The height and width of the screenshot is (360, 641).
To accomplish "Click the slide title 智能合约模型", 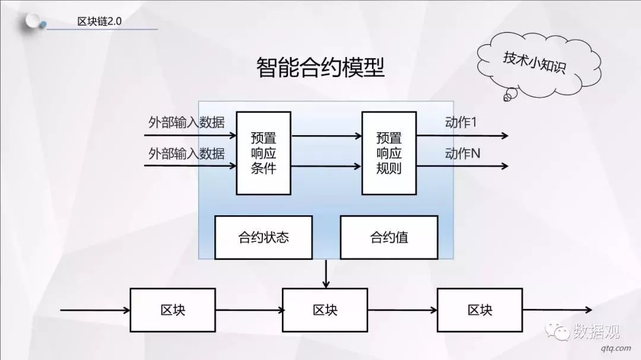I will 320,68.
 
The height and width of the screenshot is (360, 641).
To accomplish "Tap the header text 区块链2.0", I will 99,21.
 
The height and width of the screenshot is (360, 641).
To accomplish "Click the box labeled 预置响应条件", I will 264,153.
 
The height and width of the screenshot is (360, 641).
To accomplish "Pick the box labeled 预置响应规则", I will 389,153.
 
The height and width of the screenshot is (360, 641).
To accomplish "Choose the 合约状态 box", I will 264,238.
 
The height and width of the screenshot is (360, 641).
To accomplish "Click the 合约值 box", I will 389,238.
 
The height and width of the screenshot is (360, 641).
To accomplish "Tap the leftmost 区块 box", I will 173,310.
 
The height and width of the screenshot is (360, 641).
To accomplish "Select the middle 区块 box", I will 325,310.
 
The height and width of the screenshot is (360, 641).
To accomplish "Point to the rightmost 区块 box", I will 480,310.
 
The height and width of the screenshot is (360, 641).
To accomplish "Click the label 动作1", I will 461,122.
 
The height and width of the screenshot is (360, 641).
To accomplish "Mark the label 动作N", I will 462,154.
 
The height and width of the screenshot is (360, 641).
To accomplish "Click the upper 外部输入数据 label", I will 186,123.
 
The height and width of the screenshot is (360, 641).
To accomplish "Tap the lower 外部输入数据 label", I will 186,154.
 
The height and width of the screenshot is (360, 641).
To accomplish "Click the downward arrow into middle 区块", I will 326,274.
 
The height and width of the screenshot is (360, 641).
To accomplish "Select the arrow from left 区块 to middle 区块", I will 249,310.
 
